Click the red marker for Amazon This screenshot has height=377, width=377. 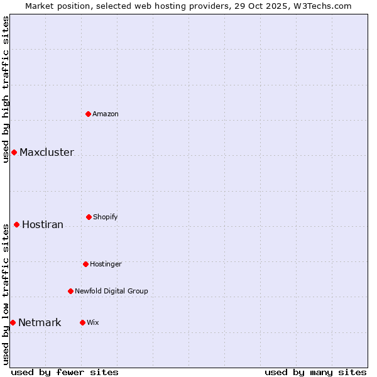[89, 114]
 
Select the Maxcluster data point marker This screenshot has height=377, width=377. [14, 152]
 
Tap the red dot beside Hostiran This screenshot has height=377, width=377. [16, 224]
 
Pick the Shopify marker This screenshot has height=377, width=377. [89, 217]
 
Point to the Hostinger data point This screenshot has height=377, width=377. [85, 264]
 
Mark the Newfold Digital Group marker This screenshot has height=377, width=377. [70, 291]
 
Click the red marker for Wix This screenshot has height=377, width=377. [82, 322]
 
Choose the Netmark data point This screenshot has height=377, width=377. [13, 322]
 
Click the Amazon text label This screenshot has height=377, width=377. [106, 114]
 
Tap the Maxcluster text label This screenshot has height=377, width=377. [46, 152]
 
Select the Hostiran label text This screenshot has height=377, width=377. [43, 224]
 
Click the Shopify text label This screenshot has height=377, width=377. [106, 217]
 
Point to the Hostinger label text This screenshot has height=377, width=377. [106, 264]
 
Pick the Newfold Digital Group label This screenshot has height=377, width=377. [111, 291]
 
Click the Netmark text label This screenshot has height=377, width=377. [40, 322]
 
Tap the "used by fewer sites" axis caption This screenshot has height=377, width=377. [65, 372]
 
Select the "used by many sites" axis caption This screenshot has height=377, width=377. [315, 372]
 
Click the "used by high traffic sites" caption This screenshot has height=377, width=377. [6, 89]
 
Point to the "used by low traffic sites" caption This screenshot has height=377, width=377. [6, 294]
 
